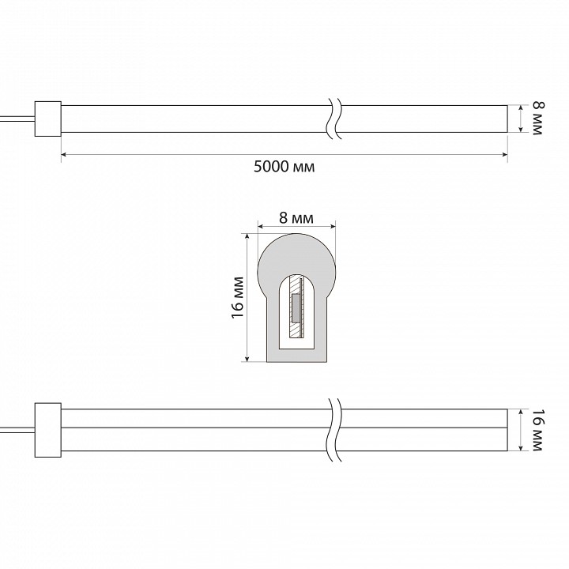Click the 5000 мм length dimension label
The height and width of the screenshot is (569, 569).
coord(284,167)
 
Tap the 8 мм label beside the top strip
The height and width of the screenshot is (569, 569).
coord(538,119)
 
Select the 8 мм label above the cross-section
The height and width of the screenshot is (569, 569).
coord(296,218)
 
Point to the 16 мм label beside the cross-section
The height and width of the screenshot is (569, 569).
coord(237,298)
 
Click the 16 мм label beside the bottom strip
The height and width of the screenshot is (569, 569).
coord(538,431)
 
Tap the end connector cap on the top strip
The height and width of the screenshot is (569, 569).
coord(48,119)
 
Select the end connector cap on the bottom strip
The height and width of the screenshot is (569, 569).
coord(48,430)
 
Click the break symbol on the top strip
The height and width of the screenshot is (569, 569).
coord(334,119)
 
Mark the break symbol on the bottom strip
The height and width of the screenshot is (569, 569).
coord(334,430)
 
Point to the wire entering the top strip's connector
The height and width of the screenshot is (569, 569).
coord(17,119)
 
